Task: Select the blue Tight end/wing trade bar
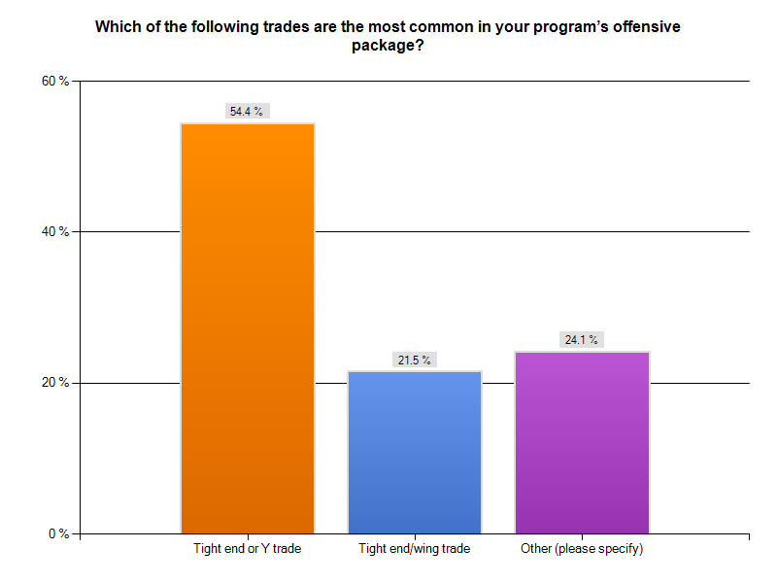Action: point(415,452)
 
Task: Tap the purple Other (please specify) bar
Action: point(582,442)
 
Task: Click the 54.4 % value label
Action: point(247,112)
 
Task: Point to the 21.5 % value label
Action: point(415,360)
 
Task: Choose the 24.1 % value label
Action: point(582,340)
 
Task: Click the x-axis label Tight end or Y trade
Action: point(248,550)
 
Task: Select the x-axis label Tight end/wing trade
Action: point(415,550)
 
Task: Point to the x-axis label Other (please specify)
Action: point(582,550)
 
